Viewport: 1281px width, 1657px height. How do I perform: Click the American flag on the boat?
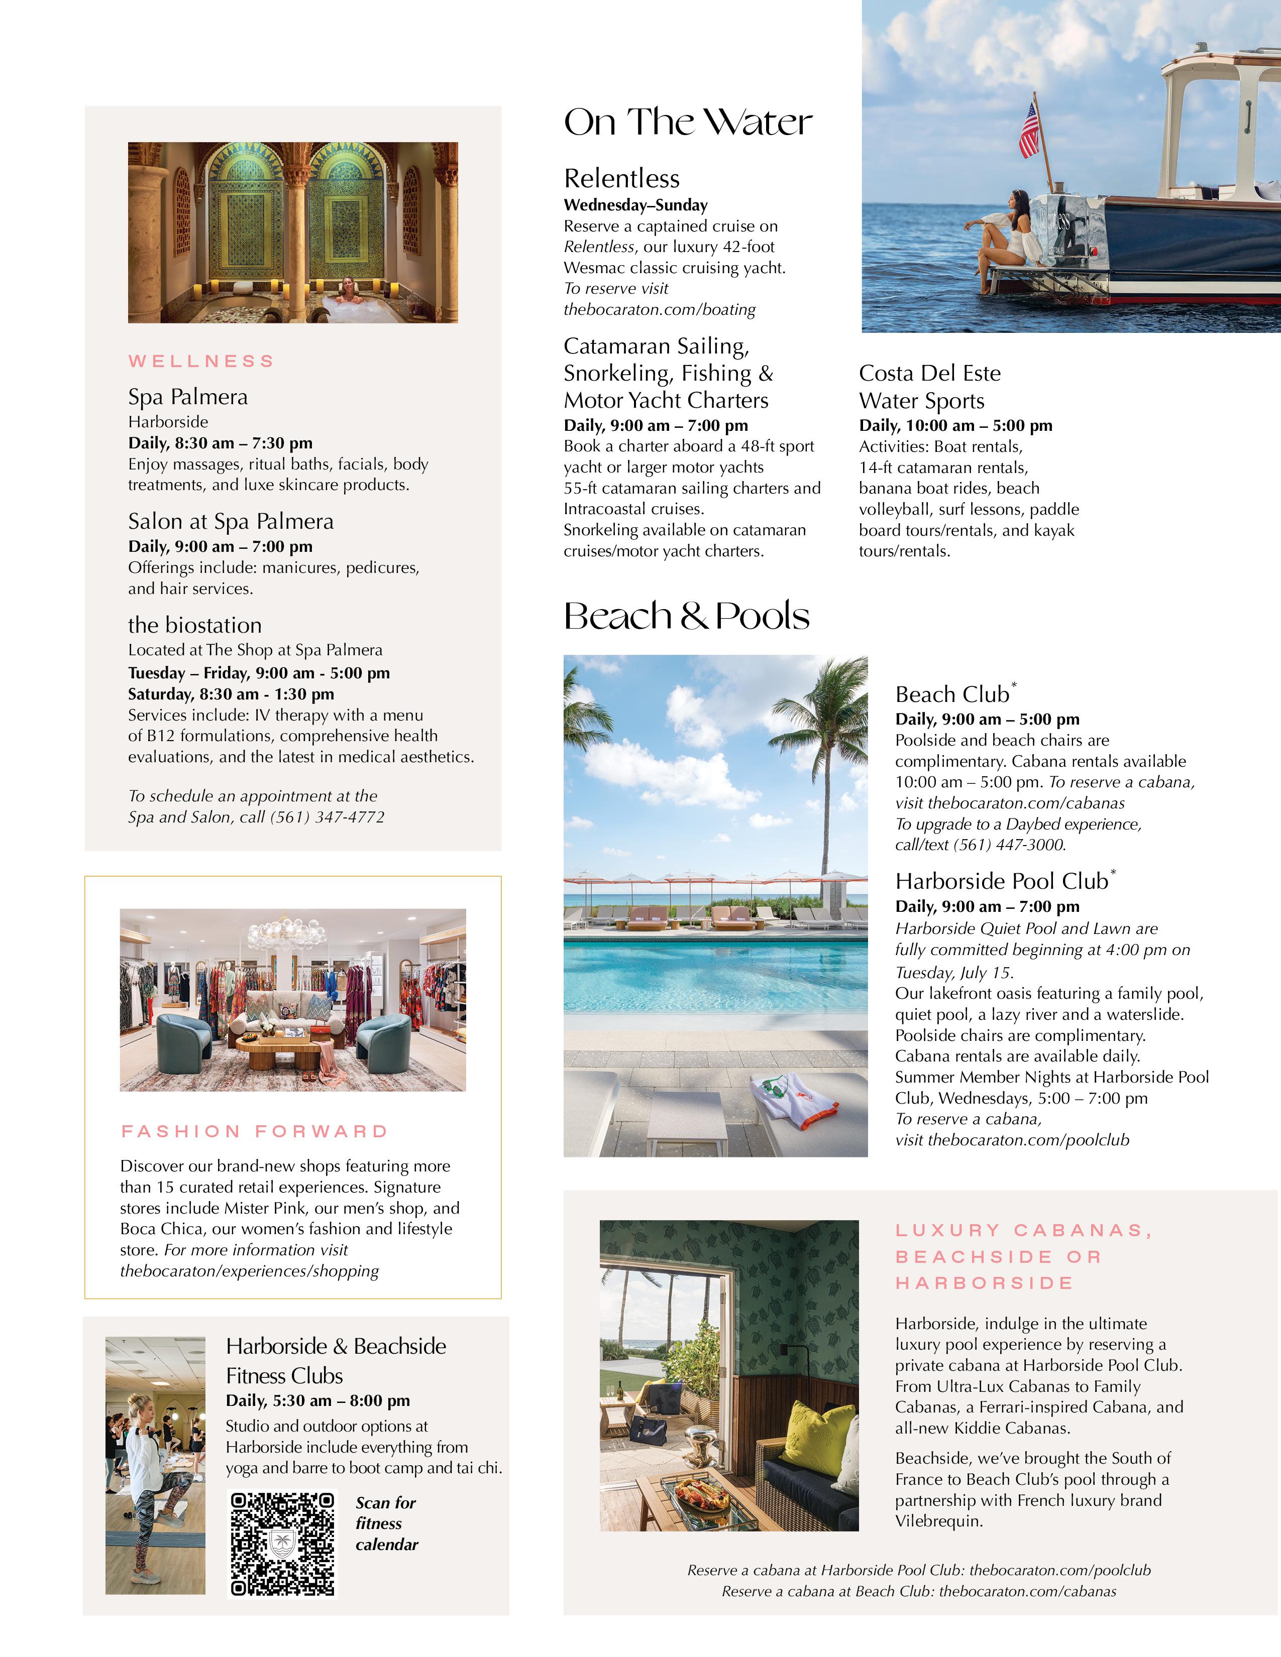1029,131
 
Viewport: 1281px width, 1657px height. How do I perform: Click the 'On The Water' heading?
688,122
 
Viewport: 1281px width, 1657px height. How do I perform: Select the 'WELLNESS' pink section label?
201,361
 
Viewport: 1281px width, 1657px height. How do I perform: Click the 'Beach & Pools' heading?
686,616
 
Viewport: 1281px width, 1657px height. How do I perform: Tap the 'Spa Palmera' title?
187,397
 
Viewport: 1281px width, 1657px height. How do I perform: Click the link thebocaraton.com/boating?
660,309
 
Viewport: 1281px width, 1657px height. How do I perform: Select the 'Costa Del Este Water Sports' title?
930,387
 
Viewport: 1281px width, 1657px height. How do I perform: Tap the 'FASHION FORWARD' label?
254,1131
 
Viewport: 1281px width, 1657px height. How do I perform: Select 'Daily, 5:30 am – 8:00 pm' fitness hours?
318,1400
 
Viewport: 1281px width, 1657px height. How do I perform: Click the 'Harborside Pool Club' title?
1002,881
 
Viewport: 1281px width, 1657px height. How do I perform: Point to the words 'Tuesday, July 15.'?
954,973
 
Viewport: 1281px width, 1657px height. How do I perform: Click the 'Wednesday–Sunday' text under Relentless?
635,205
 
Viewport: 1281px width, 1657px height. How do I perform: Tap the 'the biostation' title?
195,625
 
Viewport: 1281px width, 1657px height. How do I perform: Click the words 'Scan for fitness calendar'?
387,1523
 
